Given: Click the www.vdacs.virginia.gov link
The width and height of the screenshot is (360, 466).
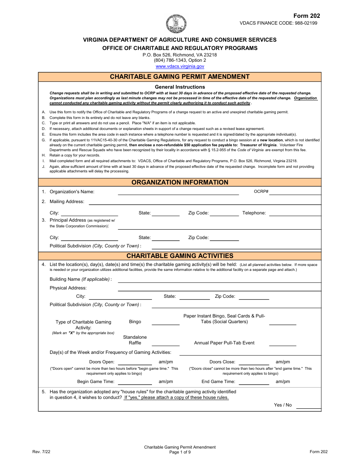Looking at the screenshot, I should pos(180,66).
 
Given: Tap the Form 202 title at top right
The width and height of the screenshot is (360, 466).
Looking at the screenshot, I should pos(307,16).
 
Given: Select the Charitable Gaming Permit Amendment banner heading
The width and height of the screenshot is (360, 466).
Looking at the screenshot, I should pos(180,77).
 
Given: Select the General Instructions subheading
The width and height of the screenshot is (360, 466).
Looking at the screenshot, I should pos(180,87).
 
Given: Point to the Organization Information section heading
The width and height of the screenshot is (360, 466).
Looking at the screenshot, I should pos(180,182).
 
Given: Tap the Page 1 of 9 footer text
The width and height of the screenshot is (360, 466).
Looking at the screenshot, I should pos(180,452).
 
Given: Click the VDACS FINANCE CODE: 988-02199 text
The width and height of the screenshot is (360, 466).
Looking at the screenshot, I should pos(278,23).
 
